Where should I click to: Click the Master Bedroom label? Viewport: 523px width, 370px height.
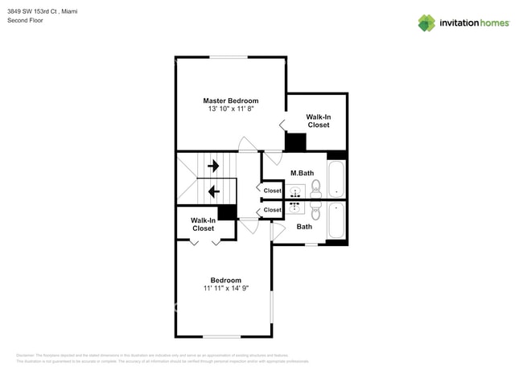coord(231,101)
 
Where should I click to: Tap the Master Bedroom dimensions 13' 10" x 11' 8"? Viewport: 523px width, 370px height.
coord(231,109)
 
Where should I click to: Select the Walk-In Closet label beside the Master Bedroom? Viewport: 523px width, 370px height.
coord(318,121)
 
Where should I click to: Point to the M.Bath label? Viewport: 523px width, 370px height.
coord(302,173)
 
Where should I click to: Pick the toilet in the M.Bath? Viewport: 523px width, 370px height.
coord(315,188)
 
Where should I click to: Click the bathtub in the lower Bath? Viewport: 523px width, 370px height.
coord(336,220)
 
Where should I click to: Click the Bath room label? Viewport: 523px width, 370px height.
coord(304,227)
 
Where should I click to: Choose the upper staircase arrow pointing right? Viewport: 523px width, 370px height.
coord(214,166)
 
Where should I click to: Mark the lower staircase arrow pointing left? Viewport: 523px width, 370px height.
coord(214,191)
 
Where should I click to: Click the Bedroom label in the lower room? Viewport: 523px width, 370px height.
coord(226,280)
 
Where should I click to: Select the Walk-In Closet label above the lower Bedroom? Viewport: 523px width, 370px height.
coord(203,224)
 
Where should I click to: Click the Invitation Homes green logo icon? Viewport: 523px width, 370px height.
coord(426,23)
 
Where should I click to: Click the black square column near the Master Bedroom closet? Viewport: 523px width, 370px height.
coord(296,142)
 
